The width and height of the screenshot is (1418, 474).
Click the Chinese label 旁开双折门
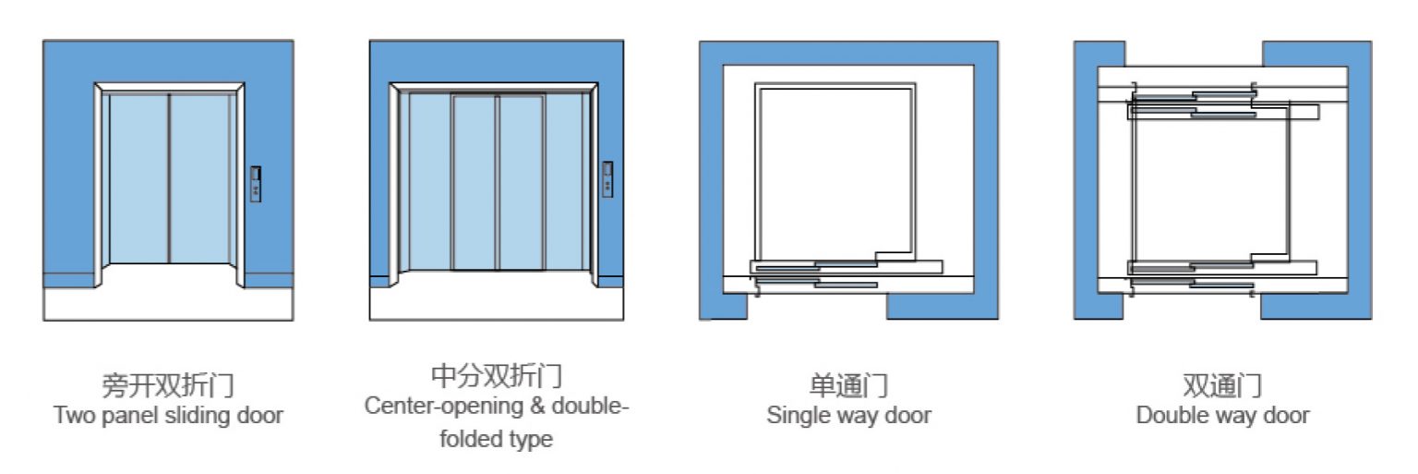168,385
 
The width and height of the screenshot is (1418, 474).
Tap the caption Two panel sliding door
168,416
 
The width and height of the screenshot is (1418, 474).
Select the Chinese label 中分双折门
497,376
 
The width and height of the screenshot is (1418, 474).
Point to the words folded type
497,439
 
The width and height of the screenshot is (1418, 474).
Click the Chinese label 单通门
848,385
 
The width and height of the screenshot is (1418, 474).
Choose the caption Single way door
848,416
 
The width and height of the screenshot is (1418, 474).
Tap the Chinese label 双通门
1222,385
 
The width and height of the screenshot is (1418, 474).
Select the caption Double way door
1222,416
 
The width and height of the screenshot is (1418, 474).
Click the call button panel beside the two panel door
256,184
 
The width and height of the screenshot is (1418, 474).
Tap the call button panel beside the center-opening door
607,179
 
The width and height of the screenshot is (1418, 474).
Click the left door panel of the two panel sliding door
138,178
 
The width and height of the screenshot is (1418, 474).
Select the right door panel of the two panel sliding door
200,178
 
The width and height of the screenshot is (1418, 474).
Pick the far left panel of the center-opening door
430,182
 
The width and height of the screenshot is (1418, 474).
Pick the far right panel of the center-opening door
564,182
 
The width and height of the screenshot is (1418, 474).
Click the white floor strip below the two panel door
168,305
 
